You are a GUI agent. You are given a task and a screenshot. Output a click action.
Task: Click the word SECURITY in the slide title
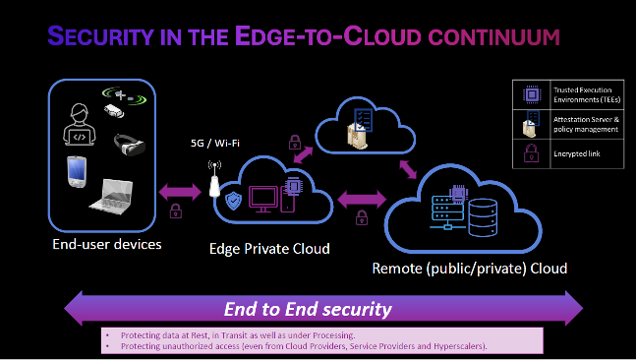pyautogui.click(x=93, y=38)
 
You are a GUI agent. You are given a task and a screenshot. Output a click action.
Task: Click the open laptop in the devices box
pyautogui.click(x=114, y=194)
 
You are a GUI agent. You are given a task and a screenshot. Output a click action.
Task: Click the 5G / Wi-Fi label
pyautogui.click(x=215, y=143)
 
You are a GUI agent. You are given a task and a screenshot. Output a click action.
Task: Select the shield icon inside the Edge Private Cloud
pyautogui.click(x=234, y=201)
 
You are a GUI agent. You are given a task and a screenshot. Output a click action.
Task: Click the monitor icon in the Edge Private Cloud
pyautogui.click(x=263, y=200)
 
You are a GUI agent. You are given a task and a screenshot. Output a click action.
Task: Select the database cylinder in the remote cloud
pyautogui.click(x=482, y=212)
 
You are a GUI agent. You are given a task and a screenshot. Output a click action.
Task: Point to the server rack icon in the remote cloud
pyautogui.click(x=447, y=210)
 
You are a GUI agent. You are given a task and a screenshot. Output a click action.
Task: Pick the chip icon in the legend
pyautogui.click(x=529, y=94)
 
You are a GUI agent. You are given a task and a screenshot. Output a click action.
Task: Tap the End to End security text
pyautogui.click(x=308, y=309)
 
